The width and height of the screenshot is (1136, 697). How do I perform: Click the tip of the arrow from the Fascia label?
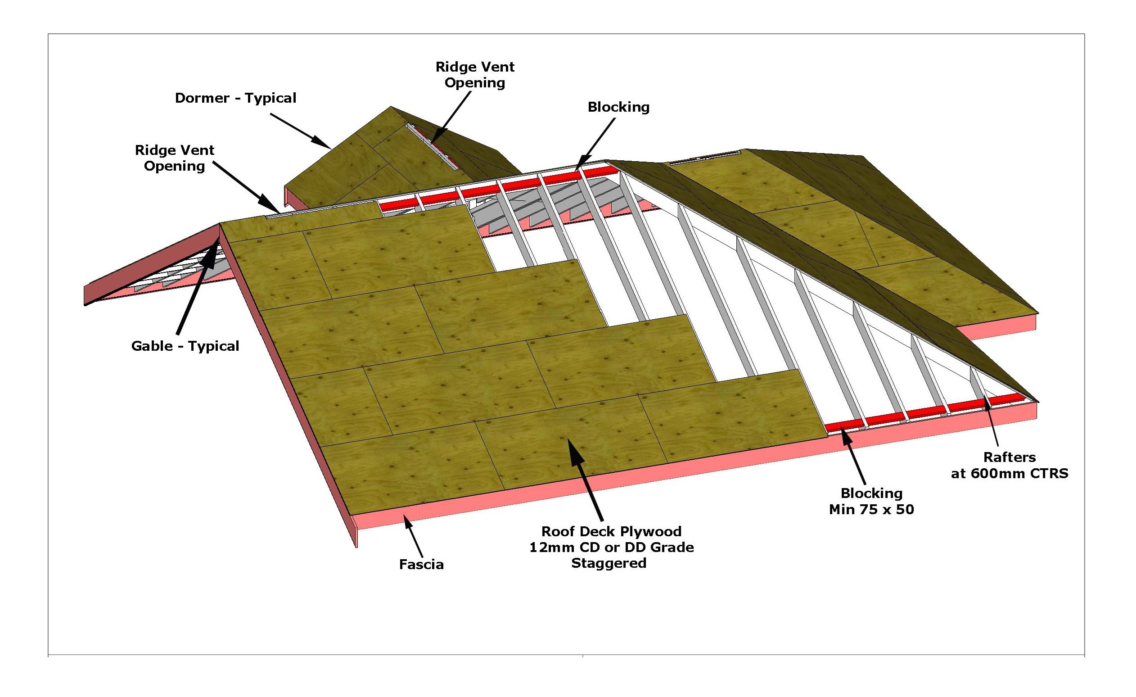pyautogui.click(x=404, y=516)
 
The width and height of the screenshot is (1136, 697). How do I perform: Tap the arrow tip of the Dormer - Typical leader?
pyautogui.click(x=330, y=148)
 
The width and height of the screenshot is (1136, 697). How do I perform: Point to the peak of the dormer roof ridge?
pyautogui.click(x=391, y=107)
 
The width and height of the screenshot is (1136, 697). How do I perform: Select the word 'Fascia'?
pyautogui.click(x=421, y=565)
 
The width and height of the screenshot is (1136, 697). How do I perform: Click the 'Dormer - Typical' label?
pyautogui.click(x=235, y=98)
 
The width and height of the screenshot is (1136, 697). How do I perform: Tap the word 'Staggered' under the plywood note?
pyautogui.click(x=609, y=563)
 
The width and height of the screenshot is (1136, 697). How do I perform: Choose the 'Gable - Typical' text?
pyautogui.click(x=185, y=346)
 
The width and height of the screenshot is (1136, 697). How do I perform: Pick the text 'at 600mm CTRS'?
pyautogui.click(x=1010, y=473)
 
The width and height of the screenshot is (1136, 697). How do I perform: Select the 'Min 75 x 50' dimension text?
pyautogui.click(x=871, y=509)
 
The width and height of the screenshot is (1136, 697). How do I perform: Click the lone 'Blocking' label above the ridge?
pyautogui.click(x=618, y=107)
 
